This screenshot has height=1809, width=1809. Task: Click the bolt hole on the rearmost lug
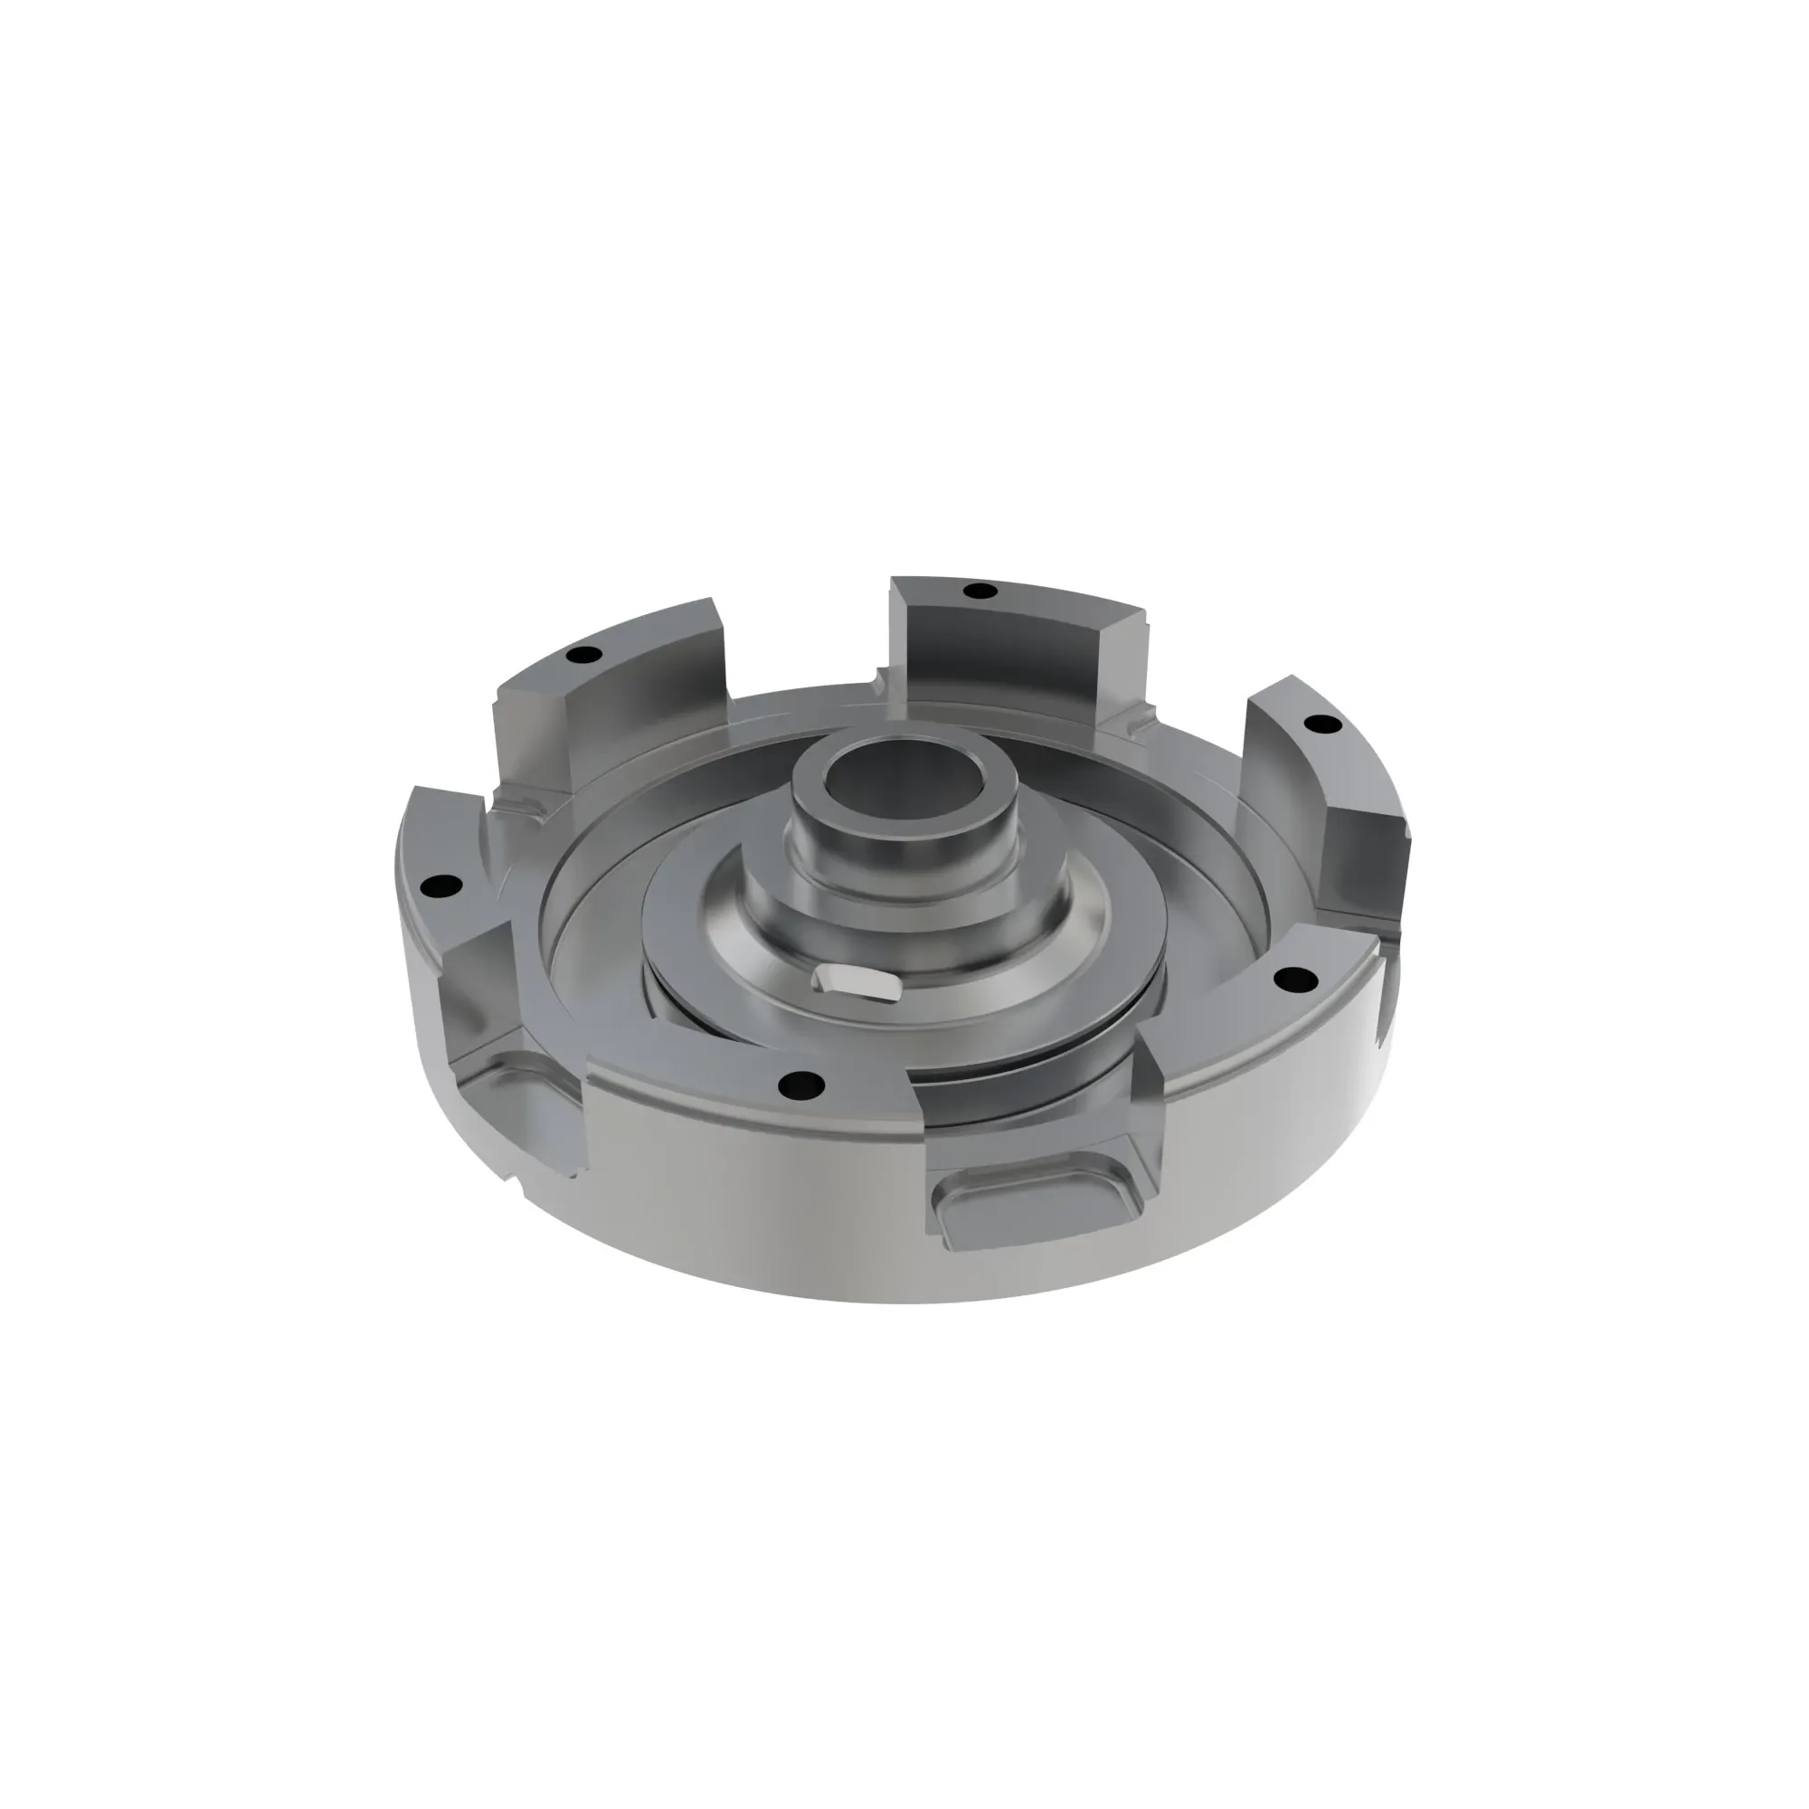pyautogui.click(x=980, y=591)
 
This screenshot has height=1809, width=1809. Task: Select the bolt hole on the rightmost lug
pyautogui.click(x=1321, y=723)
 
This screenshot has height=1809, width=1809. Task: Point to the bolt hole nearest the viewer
pyautogui.click(x=803, y=1085)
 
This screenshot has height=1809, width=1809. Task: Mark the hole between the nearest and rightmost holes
pyautogui.click(x=1296, y=980)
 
